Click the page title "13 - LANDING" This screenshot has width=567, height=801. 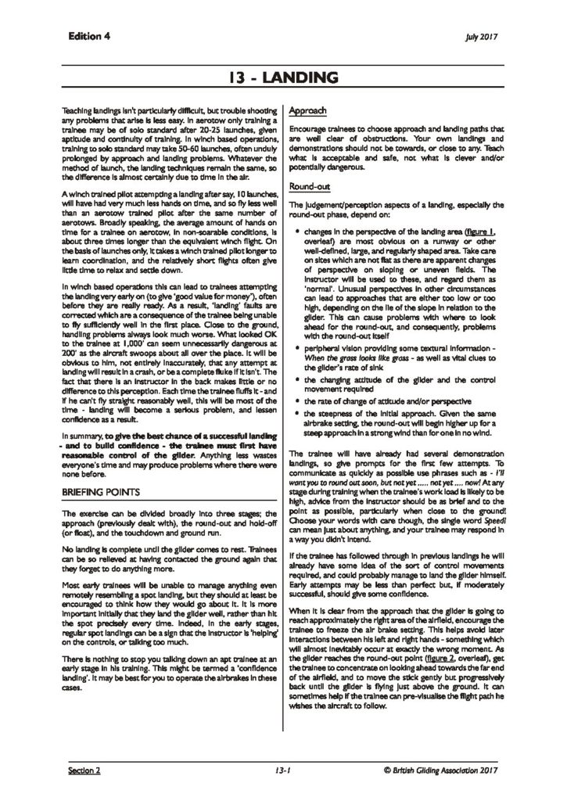(283, 77)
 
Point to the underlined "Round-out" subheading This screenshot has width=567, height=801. (310, 187)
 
